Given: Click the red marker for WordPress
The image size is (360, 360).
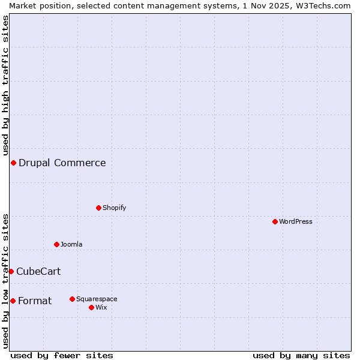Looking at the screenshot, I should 275,221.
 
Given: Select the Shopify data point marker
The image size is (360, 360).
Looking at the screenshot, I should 98,208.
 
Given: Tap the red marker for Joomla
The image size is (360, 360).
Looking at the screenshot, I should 56,244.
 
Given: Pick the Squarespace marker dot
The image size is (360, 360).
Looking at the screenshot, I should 72,299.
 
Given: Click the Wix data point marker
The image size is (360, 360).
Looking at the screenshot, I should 91,307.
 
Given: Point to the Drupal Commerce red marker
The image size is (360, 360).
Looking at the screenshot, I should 13,163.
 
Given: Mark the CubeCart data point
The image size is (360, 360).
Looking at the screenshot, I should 11,271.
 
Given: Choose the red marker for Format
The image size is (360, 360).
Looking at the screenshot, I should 13,301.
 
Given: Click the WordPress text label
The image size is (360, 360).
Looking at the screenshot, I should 296,221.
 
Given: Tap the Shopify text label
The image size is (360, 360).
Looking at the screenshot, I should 114,208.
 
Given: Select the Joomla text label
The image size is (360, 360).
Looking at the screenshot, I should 71,244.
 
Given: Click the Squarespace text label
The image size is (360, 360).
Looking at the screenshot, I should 97,299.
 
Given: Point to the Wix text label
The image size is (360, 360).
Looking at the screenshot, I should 101,307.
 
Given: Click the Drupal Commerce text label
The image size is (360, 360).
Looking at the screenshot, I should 62,163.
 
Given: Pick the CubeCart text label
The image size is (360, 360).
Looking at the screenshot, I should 38,271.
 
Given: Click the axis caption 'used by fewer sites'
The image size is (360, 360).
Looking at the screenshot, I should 62,355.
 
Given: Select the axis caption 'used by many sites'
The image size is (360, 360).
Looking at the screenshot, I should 301,355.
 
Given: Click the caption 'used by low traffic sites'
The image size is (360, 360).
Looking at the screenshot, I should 5,281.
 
